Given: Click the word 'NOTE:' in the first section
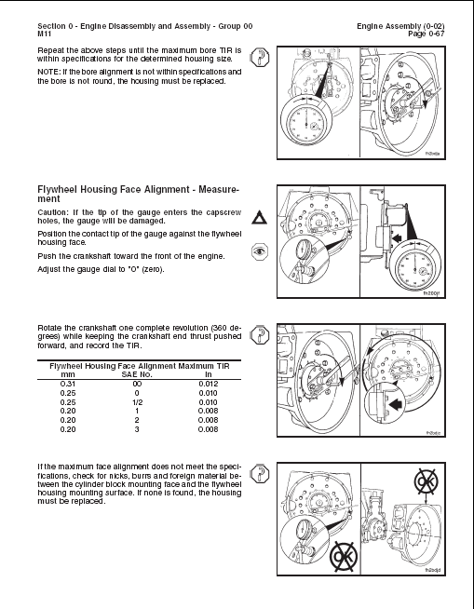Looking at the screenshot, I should [x=50, y=71].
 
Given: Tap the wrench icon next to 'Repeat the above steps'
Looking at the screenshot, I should [x=261, y=57].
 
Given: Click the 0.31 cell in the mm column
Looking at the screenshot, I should [x=68, y=384].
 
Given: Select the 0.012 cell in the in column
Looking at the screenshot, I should [x=212, y=384].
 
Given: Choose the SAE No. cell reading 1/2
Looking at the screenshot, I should [x=137, y=402].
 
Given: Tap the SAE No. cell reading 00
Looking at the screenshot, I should [x=137, y=384].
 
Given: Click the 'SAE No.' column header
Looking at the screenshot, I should [x=137, y=374].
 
